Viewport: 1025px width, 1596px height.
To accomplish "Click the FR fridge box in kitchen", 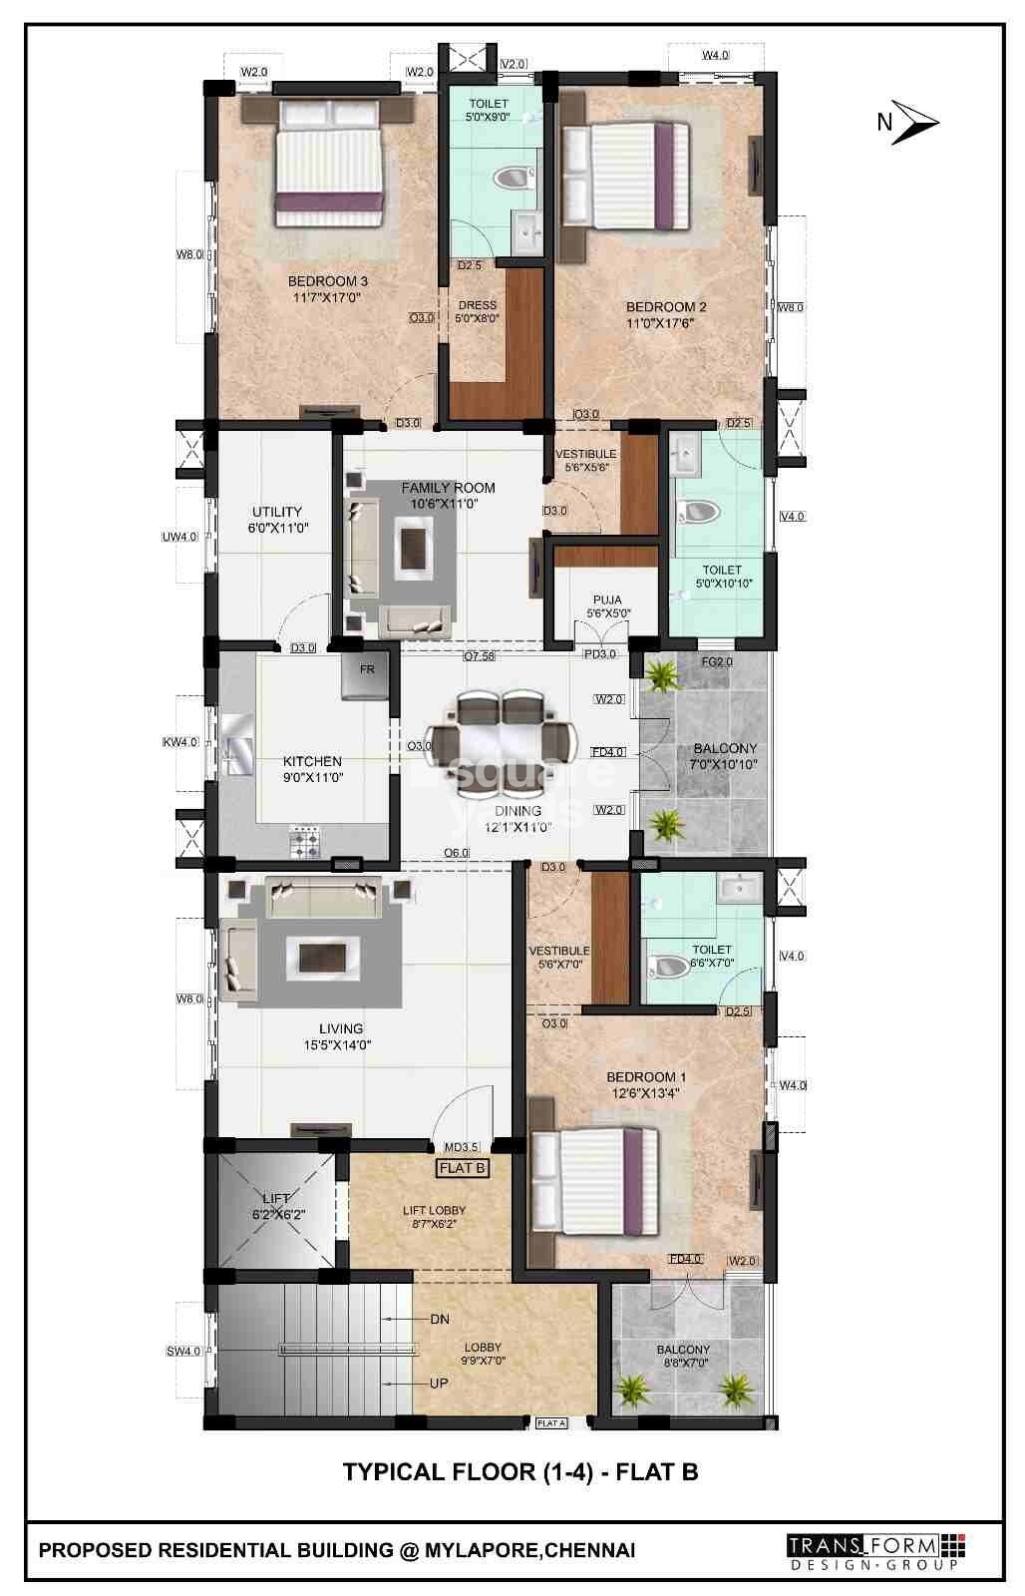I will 366,675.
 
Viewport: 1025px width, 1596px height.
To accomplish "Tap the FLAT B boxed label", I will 462,1167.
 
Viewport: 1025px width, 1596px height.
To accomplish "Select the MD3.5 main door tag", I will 462,1147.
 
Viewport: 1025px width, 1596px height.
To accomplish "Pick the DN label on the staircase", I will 440,1319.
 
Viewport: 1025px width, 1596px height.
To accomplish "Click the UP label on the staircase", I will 439,1384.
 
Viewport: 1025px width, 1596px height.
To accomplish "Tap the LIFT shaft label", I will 276,1198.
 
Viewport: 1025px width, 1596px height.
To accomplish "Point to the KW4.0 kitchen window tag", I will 180,742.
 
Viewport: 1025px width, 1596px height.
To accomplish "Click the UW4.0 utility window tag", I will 179,537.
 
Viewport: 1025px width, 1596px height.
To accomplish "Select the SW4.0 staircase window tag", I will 183,1352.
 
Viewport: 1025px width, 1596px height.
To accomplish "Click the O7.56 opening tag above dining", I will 479,656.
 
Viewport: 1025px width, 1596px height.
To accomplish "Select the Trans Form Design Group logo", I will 876,1550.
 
